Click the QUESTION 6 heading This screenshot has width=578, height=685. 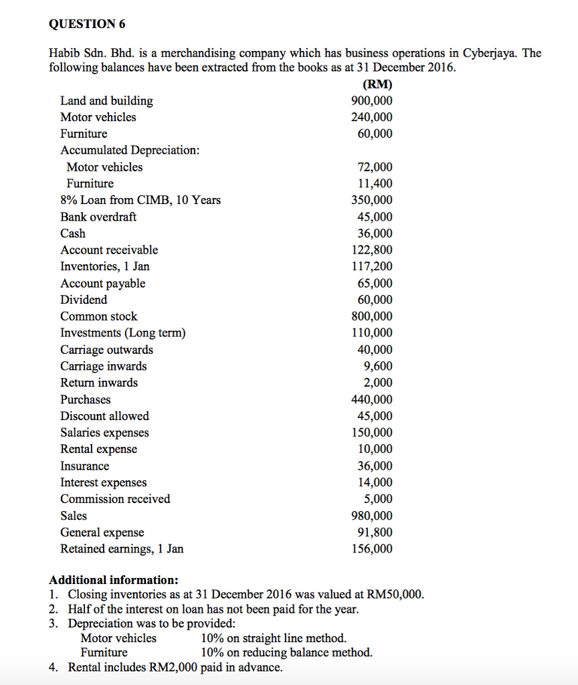tap(87, 25)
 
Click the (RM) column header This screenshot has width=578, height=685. tap(377, 85)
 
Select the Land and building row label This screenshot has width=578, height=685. tap(106, 101)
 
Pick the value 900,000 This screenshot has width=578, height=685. tap(372, 101)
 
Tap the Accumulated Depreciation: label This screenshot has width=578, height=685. tap(130, 151)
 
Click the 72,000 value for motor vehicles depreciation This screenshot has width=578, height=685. tap(375, 167)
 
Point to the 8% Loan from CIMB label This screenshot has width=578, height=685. tap(140, 200)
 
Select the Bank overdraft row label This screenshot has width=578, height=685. tap(98, 217)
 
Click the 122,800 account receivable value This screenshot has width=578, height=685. tap(372, 250)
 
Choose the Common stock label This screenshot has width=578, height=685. tap(98, 316)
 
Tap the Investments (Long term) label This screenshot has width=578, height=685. tap(123, 333)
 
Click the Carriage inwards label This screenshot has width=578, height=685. tap(104, 366)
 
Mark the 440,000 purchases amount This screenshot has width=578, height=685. tap(372, 399)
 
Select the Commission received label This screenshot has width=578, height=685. tap(115, 499)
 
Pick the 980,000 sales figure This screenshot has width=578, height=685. tap(372, 516)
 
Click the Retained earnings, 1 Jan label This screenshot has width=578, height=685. tap(122, 549)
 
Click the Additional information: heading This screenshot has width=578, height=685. tap(114, 579)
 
